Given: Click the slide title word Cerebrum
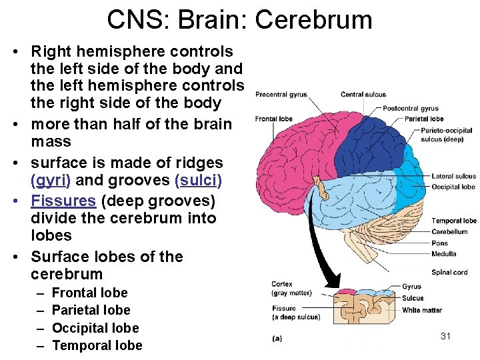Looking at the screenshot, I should [313, 19].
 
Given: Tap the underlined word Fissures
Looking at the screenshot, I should [63, 200].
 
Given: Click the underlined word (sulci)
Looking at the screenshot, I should [198, 181].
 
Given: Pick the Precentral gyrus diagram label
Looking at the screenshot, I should [281, 95].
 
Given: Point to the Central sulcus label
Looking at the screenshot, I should [363, 95].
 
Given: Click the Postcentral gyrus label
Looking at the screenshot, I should [410, 109].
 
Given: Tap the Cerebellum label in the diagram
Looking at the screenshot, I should [449, 232].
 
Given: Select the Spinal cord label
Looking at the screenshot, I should [449, 272].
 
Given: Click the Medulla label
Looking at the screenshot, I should [443, 253].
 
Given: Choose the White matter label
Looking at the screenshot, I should [421, 310].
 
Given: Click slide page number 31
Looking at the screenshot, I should [446, 336].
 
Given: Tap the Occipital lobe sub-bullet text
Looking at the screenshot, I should [95, 328].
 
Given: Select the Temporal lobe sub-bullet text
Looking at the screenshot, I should [97, 345].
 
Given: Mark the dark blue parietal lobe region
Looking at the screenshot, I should [373, 140].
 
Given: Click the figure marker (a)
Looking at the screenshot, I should [277, 338].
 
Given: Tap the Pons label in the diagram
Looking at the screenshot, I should [439, 243].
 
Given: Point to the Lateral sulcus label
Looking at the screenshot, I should [453, 177].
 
